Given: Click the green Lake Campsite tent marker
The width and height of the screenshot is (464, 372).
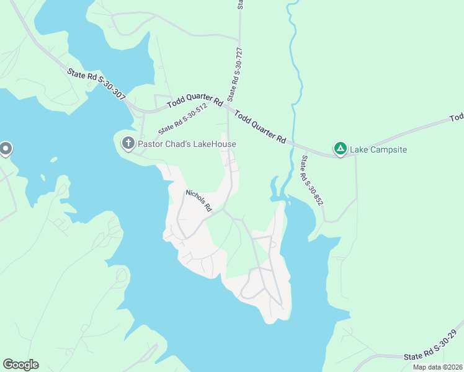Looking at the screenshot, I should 340,149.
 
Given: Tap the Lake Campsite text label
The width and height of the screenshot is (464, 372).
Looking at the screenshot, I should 378,149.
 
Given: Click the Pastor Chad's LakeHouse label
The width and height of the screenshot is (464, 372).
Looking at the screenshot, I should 187,144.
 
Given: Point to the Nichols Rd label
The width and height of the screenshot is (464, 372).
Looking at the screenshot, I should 199,200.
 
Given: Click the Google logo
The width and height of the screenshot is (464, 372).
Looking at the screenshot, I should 20,365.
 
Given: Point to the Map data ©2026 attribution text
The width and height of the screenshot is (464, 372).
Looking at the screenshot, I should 438,367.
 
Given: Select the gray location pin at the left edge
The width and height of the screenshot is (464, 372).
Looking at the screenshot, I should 6,149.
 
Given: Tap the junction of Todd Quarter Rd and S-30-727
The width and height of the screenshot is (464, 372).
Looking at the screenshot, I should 228,107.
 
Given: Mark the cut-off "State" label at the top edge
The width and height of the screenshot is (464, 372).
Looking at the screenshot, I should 240,4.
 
